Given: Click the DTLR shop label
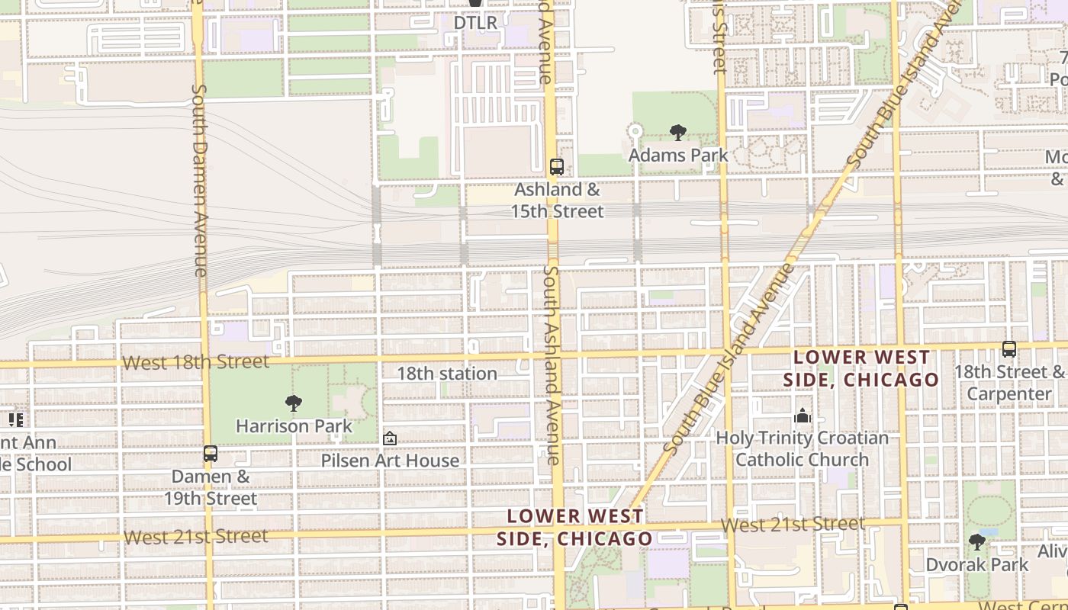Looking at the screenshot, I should (475, 23).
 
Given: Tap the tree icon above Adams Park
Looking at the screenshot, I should (677, 133).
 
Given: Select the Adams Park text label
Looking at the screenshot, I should (677, 155).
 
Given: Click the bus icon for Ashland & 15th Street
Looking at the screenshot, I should (557, 167).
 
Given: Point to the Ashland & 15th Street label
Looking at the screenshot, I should (557, 200).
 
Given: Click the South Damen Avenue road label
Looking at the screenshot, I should (200, 180).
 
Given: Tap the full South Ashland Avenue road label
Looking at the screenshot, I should (552, 364).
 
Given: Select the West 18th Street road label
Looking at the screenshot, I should (195, 362).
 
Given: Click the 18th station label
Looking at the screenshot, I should (447, 374).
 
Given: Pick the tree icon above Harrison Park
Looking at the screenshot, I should (294, 403).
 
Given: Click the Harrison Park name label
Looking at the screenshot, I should (294, 425).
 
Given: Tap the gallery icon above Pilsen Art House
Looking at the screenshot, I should (390, 438).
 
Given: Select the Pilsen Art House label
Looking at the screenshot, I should (390, 461).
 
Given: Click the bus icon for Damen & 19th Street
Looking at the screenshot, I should (211, 454).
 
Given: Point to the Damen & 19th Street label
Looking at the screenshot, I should (211, 487).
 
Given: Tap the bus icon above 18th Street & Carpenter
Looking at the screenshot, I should (1009, 349).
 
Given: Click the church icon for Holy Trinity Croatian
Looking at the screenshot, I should (802, 416).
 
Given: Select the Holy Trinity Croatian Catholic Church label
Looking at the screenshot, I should (802, 448).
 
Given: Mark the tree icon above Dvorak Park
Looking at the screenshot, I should (976, 542).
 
